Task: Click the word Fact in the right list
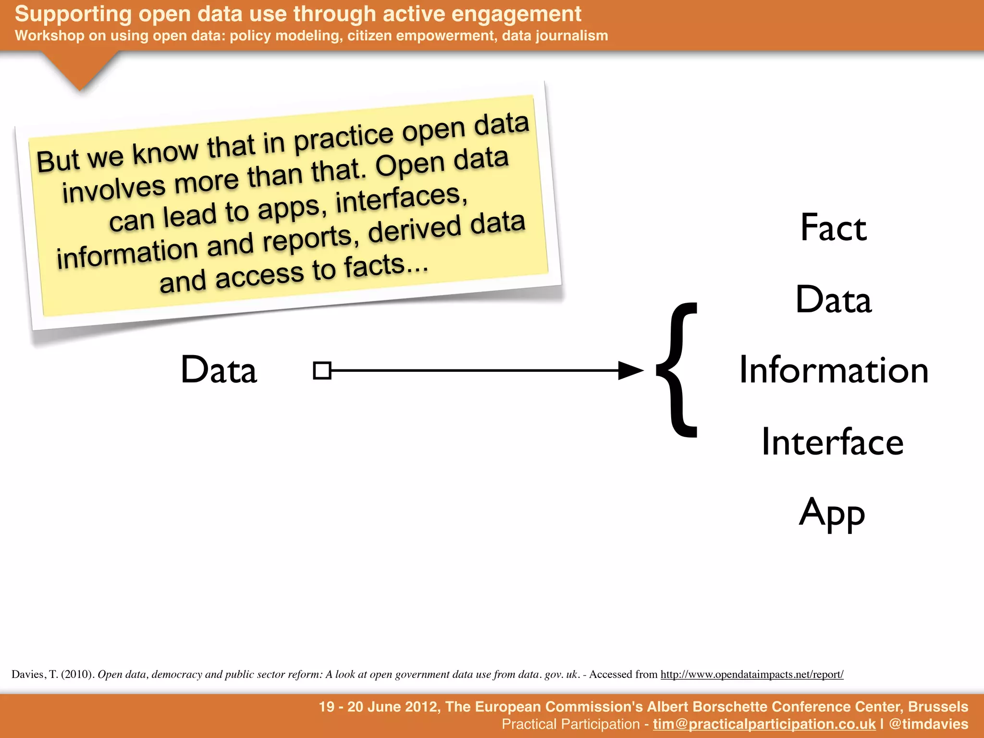tap(833, 228)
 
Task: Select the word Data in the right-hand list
tap(833, 299)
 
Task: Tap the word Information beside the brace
tap(833, 370)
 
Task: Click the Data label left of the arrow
tap(219, 370)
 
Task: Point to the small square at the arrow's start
tap(322, 370)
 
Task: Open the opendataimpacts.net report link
tap(752, 675)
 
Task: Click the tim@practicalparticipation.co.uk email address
tap(764, 724)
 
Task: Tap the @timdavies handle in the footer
tap(928, 724)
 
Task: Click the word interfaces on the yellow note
tap(401, 198)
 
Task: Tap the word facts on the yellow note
tap(380, 265)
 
